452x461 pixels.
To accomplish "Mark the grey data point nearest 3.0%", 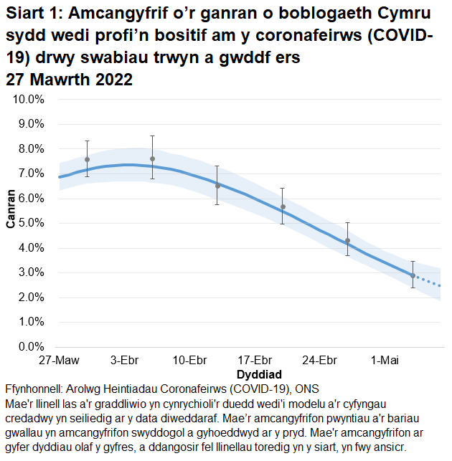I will (413, 275).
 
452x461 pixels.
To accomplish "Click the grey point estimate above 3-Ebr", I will (152, 158).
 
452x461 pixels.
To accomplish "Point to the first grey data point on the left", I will (87, 159).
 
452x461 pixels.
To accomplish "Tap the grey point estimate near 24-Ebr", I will (347, 241).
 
